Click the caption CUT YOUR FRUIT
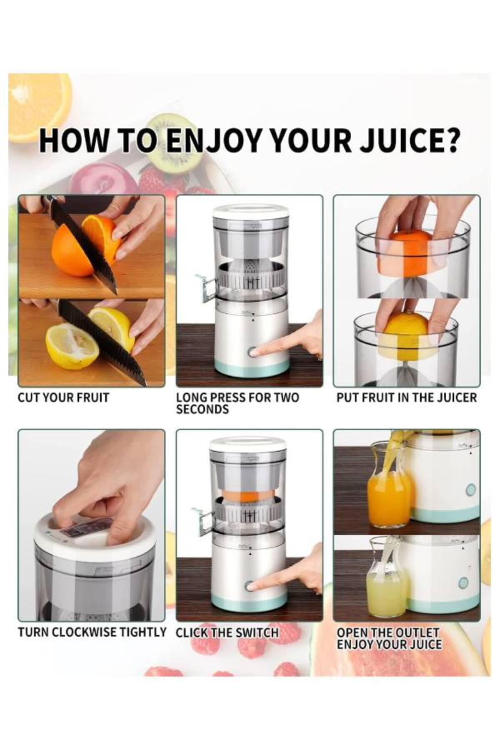[x=63, y=397]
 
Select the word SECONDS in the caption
[x=202, y=410]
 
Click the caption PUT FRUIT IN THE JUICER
[x=406, y=397]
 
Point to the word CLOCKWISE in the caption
[x=87, y=632]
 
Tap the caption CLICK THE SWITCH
[x=227, y=632]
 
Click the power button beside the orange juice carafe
[x=471, y=489]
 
